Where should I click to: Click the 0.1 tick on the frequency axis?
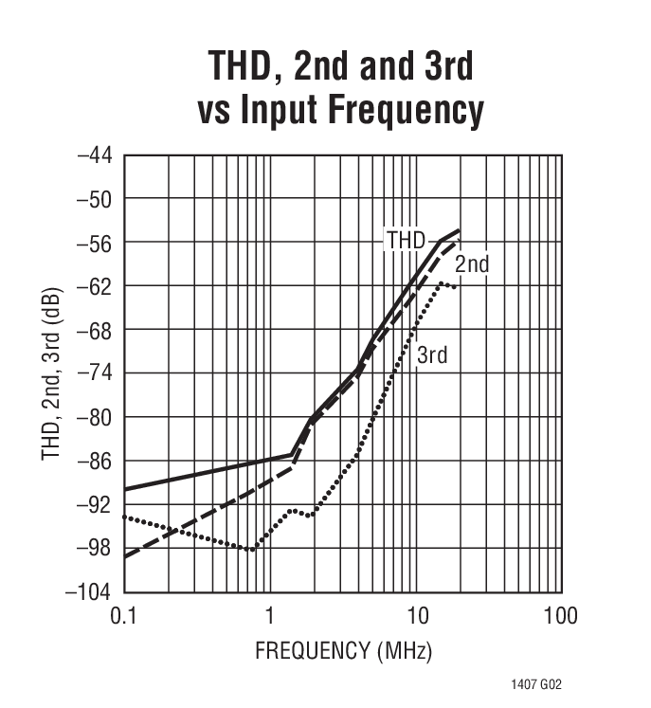[123, 617]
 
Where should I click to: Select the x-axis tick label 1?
[270, 617]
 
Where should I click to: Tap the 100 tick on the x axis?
[560, 617]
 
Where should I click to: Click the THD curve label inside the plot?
[405, 240]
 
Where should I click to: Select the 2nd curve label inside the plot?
[471, 264]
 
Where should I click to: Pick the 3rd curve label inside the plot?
[432, 355]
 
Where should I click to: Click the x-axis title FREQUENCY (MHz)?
[342, 651]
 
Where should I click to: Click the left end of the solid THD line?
[125, 489]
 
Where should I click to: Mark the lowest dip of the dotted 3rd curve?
[251, 549]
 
